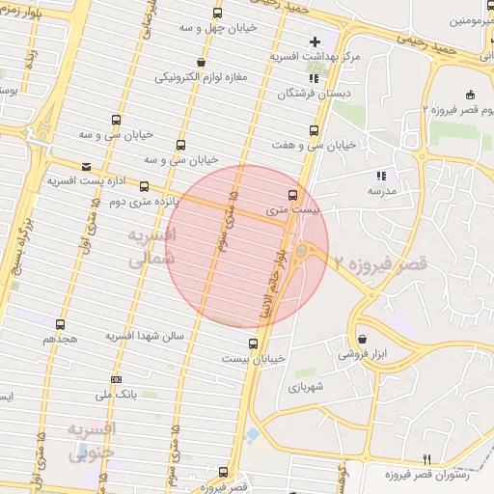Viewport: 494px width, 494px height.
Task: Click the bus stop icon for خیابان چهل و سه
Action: coord(216,13)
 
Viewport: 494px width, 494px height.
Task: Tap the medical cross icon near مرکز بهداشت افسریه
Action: coord(314,41)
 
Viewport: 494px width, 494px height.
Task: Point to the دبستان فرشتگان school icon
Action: coord(313,78)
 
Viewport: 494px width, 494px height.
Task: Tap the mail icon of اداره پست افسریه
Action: coord(87,166)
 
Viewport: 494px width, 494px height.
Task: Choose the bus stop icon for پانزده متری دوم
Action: coord(145,186)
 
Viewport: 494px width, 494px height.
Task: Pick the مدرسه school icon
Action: coord(381,176)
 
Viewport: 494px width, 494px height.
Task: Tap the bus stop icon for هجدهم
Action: coord(61,324)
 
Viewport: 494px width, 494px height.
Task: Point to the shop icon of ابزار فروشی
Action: coord(362,340)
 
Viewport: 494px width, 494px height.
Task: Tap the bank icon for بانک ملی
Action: coord(117,379)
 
